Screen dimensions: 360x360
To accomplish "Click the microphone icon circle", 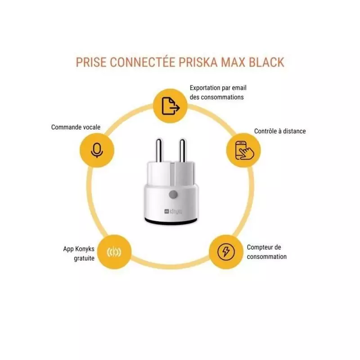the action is (x=97, y=150).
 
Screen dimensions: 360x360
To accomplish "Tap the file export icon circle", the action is (x=171, y=106).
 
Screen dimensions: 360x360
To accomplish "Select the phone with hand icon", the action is (x=243, y=150).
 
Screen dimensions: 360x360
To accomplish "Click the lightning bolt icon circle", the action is (x=226, y=252).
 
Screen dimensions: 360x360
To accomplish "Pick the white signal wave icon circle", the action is (x=114, y=252).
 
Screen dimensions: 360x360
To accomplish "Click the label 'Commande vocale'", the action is (x=76, y=127).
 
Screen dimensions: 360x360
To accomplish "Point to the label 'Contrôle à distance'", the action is (x=280, y=131).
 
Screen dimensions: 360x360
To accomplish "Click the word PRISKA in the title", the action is (x=198, y=62).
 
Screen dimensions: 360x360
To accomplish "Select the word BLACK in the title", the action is (x=266, y=62).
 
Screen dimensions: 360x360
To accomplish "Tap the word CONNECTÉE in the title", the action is (x=143, y=62).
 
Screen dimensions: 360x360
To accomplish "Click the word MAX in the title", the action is (x=233, y=62).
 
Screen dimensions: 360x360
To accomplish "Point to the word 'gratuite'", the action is (x=84, y=258).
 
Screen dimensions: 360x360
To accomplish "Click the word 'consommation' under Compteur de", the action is (x=267, y=256).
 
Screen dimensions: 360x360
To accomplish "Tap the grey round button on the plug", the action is (x=173, y=195).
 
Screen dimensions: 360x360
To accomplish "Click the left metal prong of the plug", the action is (x=159, y=151).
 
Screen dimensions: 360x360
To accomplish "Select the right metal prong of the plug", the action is (x=182, y=151).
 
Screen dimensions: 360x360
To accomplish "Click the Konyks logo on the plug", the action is (x=173, y=211).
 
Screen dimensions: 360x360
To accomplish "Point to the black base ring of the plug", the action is (x=171, y=221).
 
